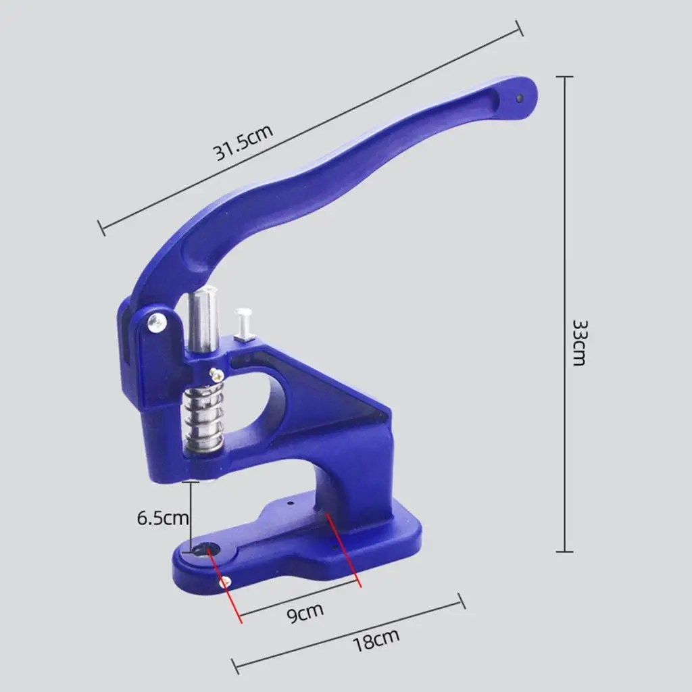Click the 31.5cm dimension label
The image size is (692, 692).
click(243, 142)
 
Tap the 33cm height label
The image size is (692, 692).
click(579, 343)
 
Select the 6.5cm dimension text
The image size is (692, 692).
click(163, 518)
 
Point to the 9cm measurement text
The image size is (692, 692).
click(305, 612)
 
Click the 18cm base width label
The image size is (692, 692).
click(376, 639)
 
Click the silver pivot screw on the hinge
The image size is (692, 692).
click(157, 322)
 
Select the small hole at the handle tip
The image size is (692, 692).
click(520, 97)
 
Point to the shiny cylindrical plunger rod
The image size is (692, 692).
click(203, 319)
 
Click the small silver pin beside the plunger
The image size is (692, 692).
click(243, 324)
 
